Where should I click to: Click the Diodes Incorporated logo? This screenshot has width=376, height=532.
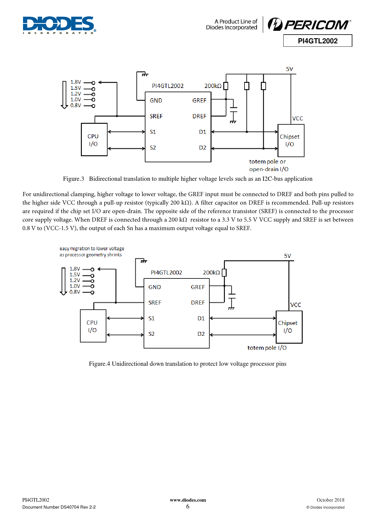[x=59, y=25]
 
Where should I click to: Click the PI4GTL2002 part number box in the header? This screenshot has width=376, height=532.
[x=318, y=41]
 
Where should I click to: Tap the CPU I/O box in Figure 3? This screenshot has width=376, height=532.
[x=94, y=140]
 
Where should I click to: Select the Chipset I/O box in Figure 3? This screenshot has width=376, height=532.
[x=291, y=140]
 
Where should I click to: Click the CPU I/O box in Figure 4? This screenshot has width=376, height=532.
[x=93, y=326]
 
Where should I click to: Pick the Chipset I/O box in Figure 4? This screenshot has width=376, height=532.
[x=289, y=327]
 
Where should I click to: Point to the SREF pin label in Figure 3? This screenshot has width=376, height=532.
[x=156, y=116]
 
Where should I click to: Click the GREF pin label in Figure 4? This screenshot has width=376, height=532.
[x=198, y=287]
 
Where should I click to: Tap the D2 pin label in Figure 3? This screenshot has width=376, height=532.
[x=202, y=148]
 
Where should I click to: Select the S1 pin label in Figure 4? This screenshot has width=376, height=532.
[x=151, y=318]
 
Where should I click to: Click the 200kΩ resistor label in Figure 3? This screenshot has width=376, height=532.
[x=213, y=86]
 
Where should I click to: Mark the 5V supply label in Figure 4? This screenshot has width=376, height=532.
[x=288, y=256]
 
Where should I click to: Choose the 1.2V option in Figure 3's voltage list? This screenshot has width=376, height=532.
[x=75, y=94]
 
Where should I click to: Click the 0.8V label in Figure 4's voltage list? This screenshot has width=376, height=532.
[x=75, y=292]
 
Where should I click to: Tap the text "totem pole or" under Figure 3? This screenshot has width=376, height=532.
[x=267, y=162]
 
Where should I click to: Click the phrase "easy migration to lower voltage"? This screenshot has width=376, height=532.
[x=92, y=248]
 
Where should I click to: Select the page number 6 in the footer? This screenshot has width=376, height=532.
[x=188, y=507]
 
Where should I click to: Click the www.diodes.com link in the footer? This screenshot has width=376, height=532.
[x=188, y=500]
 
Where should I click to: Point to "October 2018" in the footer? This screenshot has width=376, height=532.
[x=330, y=500]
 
